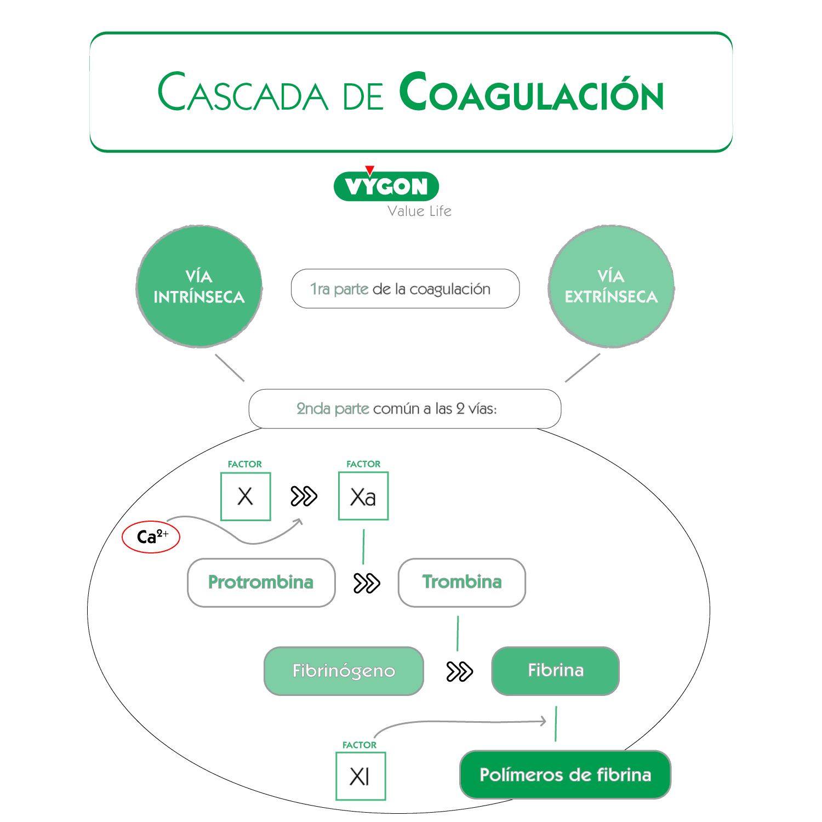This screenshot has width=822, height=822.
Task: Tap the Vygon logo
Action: point(386,186)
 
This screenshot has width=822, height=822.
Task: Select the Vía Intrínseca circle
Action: point(199,287)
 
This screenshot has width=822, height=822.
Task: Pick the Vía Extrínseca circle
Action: point(611,287)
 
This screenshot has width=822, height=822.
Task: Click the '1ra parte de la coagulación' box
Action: point(405,289)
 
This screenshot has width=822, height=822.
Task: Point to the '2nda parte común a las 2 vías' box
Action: point(405,409)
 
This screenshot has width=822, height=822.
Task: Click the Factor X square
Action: point(246,496)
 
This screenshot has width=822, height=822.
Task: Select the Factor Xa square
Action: point(363,496)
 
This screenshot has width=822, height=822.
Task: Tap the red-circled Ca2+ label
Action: point(151,537)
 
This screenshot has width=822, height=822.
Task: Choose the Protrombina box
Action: point(261,583)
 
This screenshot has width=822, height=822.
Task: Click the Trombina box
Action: point(461,583)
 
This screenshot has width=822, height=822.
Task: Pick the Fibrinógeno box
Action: point(344,671)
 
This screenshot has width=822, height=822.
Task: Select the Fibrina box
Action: point(555,671)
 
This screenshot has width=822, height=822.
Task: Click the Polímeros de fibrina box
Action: point(565,775)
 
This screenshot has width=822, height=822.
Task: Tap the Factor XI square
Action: point(361,777)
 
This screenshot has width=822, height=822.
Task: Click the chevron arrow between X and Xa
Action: point(304,496)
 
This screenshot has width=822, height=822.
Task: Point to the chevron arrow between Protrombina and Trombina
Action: point(367,583)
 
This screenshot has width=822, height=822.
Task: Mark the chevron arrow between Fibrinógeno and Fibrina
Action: point(459,671)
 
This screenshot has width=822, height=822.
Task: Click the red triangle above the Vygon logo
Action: point(370,170)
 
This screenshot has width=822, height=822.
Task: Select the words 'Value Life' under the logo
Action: point(419,212)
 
